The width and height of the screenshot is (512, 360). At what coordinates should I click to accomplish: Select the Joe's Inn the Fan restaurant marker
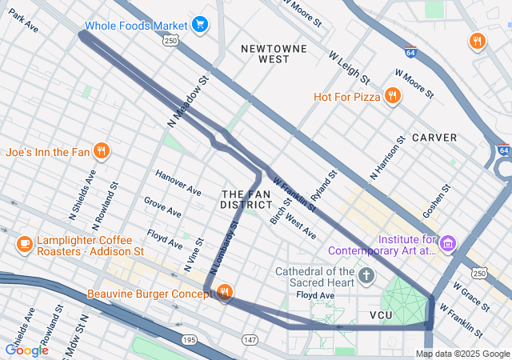pyautogui.click(x=101, y=150)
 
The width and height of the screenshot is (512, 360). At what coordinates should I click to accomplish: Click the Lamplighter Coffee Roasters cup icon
pyautogui.click(x=24, y=243)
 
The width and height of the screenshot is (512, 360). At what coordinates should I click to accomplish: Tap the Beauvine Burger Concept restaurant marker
pyautogui.click(x=224, y=294)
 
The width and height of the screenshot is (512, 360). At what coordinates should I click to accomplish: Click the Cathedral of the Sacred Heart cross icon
pyautogui.click(x=366, y=277)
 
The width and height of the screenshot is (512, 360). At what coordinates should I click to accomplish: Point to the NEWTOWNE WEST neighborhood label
pyautogui.click(x=265, y=54)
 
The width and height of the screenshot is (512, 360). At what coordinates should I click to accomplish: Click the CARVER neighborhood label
pyautogui.click(x=434, y=138)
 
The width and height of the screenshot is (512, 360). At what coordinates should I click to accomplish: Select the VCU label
pyautogui.click(x=382, y=315)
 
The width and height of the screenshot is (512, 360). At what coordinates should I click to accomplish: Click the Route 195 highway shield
pyautogui.click(x=189, y=341)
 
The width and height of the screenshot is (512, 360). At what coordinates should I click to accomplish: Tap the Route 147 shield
pyautogui.click(x=250, y=341)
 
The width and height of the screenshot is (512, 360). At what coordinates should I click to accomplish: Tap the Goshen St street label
pyautogui.click(x=438, y=200)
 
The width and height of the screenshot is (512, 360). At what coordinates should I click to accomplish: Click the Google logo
pyautogui.click(x=26, y=350)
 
